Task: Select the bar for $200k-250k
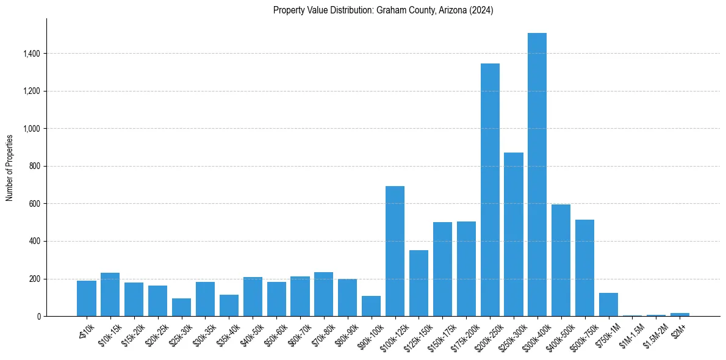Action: [x=490, y=190]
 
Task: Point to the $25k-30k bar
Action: [x=181, y=308]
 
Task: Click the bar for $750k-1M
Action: [x=608, y=304]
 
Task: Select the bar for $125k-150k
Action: [x=419, y=283]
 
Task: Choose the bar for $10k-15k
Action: [x=110, y=295]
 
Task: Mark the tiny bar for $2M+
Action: [x=680, y=314]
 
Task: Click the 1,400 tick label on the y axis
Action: [x=31, y=54]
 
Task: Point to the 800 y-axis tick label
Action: [x=34, y=166]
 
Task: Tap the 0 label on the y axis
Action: [x=38, y=316]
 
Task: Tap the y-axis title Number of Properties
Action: [x=9, y=167]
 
